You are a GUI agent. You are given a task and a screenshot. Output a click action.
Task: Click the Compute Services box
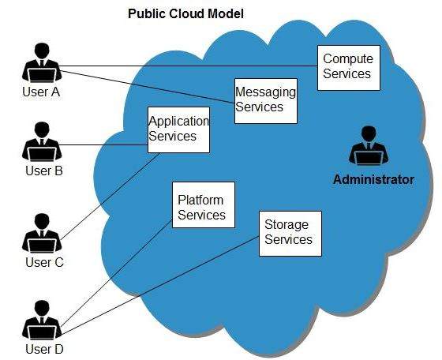pos(347,67)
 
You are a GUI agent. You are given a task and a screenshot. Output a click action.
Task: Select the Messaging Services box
pos(266,100)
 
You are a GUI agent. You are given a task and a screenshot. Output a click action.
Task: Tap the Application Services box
pos(179,129)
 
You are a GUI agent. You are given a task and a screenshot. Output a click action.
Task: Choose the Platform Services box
pos(202,208)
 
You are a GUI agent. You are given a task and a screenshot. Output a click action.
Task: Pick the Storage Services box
pos(290,233)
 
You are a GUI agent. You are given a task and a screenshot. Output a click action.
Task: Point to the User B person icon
pos(39,143)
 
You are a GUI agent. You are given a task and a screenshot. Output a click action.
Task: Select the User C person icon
pos(39,234)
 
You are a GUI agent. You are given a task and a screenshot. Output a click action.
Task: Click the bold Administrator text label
pos(373,180)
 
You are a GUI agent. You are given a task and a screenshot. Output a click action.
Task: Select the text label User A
pos(40,92)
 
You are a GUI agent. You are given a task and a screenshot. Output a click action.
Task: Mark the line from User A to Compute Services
pos(189,66)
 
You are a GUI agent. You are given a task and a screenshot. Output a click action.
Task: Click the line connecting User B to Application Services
pos(103,144)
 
